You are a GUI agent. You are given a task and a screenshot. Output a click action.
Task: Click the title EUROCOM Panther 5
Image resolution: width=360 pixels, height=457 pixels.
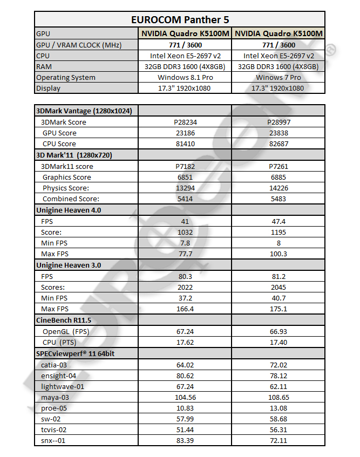pos(179,20)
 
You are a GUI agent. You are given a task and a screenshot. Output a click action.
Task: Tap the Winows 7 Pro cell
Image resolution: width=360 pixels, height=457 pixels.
pos(278,77)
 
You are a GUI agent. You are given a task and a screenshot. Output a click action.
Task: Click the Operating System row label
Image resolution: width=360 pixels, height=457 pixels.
pos(65,77)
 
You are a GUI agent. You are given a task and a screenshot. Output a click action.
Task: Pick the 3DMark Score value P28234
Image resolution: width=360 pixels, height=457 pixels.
pos(183,122)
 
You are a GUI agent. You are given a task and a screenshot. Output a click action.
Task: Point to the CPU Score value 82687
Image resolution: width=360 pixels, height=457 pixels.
pos(279,144)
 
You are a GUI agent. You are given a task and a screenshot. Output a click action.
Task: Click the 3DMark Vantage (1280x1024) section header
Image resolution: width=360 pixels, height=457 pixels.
pos(84,111)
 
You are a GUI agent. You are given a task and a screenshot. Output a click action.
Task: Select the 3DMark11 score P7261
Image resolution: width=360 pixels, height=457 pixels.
pos(279,166)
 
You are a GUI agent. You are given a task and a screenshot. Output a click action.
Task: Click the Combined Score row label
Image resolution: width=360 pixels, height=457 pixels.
pos(66,199)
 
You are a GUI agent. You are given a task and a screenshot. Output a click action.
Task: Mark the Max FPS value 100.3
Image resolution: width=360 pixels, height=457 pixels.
pos(279,254)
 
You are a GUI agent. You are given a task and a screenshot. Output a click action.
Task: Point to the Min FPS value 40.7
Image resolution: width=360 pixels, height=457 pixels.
pos(279,298)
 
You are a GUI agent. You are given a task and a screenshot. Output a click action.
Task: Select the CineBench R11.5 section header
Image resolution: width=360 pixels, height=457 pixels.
pos(64,320)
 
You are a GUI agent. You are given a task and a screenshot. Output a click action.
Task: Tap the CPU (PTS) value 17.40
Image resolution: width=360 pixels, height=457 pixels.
pos(279,343)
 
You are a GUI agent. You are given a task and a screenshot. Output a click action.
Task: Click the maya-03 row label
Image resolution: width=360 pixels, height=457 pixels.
pos(55,398)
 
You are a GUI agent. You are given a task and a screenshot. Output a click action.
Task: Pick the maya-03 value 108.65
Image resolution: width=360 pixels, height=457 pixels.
pos(279,398)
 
